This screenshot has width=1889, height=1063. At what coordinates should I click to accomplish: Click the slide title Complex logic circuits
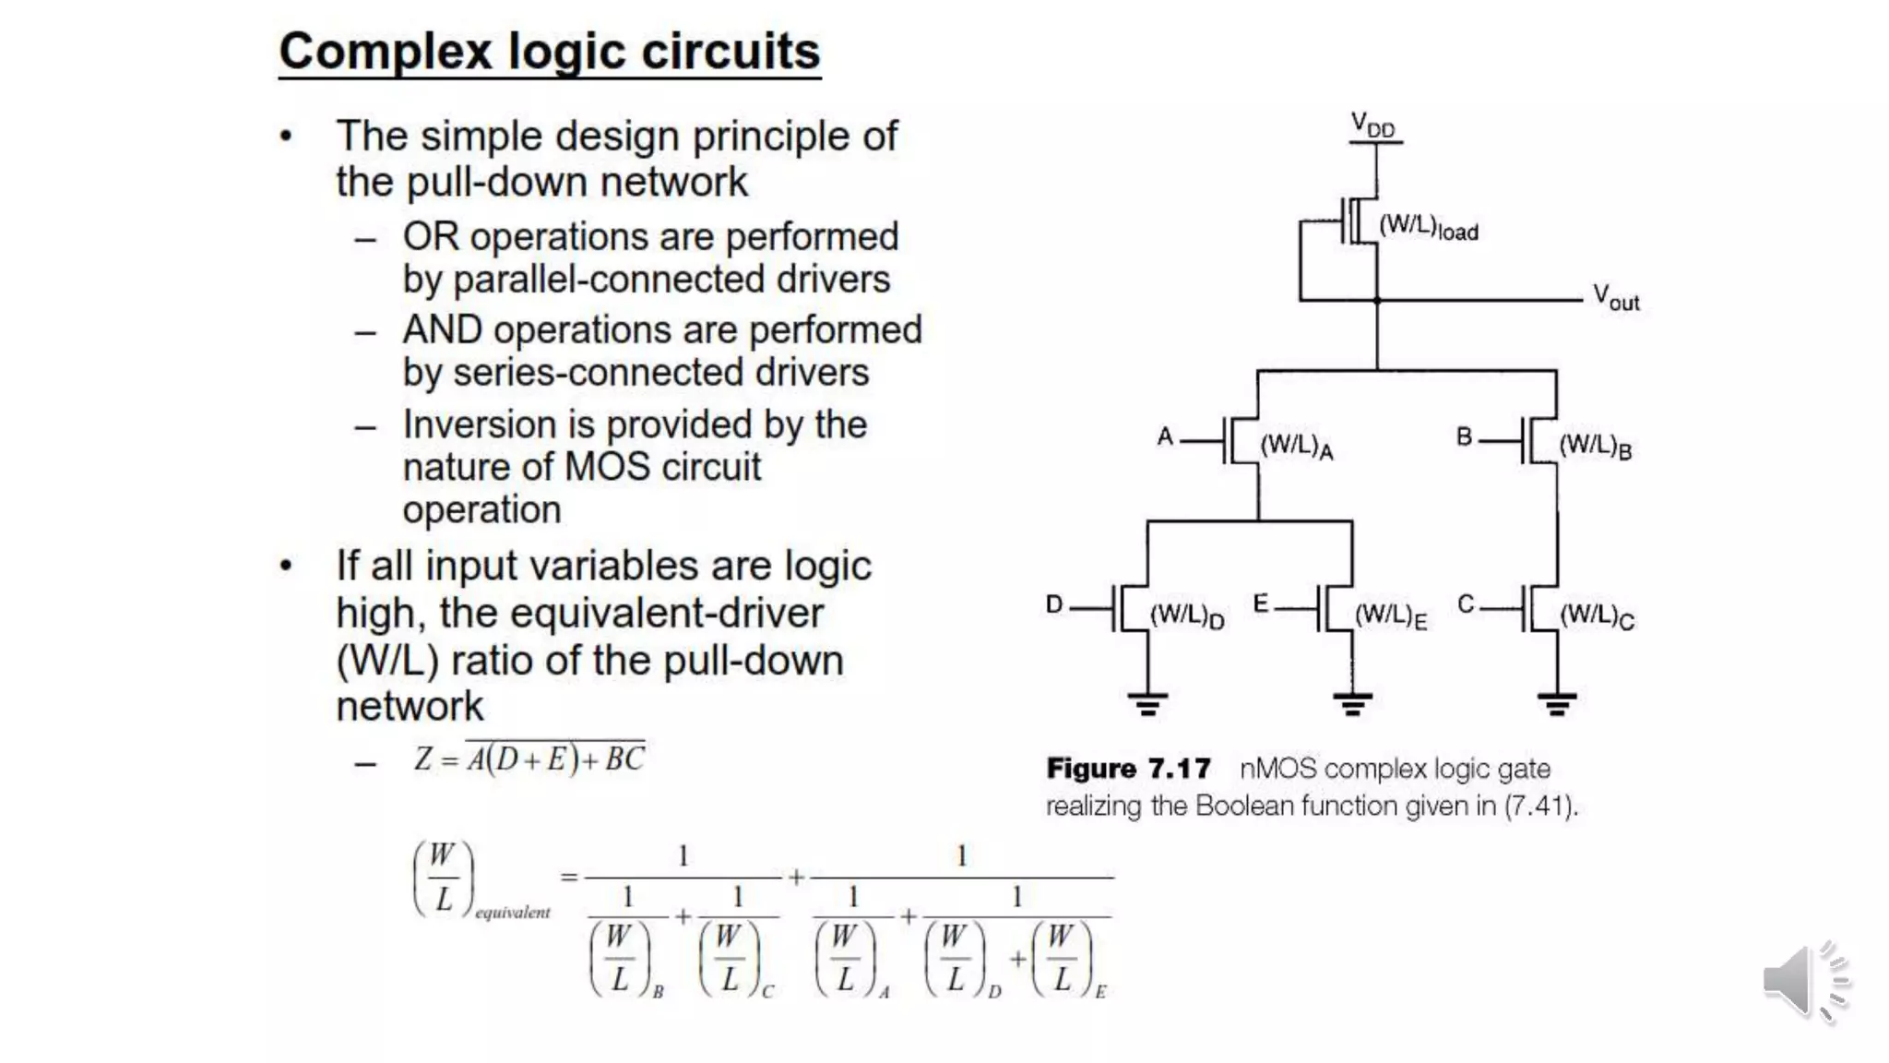pos(549,52)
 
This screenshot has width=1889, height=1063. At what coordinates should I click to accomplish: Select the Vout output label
pos(1616,298)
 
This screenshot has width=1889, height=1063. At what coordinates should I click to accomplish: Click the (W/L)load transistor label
pos(1428,227)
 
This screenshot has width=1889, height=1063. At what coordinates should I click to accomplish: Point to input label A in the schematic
pos(1165,436)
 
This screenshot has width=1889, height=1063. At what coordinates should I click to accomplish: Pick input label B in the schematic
pos(1464,436)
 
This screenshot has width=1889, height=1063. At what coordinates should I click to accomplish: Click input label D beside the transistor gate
pos(1054,604)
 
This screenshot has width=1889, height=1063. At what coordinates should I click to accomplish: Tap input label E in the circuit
pos(1261,604)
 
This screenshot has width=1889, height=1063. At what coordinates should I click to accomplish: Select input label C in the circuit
pos(1466,604)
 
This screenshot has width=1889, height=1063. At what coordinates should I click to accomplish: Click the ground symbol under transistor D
pos(1147,705)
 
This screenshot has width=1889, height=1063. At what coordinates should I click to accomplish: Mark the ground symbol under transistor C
pos(1557,705)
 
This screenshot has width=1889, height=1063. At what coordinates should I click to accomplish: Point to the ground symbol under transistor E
pos(1352,705)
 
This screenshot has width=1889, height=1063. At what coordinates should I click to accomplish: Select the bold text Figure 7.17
pos(1127,769)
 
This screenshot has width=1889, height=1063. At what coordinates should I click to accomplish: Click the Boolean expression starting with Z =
pos(529,758)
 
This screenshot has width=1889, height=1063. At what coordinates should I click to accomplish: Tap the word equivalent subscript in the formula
pos(512,913)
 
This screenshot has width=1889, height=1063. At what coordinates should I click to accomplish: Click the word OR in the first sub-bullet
pos(430,237)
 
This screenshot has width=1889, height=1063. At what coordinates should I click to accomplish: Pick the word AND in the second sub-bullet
pos(443,330)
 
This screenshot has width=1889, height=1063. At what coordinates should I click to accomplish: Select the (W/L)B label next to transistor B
pos(1595,447)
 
